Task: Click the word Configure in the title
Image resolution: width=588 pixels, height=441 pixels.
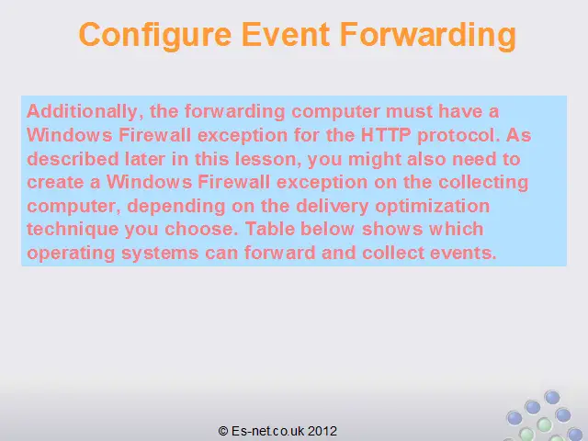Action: coord(155,36)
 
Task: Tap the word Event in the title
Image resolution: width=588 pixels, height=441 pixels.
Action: coord(286,34)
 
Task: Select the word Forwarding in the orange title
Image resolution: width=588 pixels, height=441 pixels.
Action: coord(428,36)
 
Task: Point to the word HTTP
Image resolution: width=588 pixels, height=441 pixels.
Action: coord(386,135)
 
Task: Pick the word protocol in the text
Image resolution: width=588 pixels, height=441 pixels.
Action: coord(458,136)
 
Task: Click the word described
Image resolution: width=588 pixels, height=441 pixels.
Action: coord(73,159)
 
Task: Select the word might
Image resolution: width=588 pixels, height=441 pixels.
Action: coord(375,160)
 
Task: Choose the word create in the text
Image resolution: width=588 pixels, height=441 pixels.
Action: coord(55,183)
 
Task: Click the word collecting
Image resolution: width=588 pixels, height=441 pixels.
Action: coord(483,183)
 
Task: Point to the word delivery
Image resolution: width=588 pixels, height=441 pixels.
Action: coord(333,207)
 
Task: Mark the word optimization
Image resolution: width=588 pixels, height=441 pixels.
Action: coord(433,207)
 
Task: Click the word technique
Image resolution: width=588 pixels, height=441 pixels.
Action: coord(73,230)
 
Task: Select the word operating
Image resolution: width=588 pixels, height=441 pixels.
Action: coord(71,254)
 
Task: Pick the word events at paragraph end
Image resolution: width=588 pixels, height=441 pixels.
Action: coord(463,254)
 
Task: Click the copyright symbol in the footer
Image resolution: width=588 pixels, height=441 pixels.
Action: coord(222,431)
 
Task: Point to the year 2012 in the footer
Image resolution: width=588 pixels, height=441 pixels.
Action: coord(322,431)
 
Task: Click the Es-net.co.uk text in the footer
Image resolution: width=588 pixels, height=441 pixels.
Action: coord(267,431)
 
